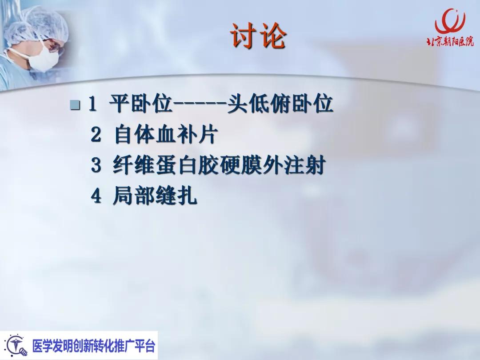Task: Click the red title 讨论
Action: coord(258,36)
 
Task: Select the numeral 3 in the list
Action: coord(96,166)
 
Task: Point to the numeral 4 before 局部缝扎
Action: coord(96,196)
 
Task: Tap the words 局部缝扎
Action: coord(154,196)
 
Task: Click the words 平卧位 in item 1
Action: coord(140,105)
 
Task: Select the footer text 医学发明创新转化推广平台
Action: coord(93,346)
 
